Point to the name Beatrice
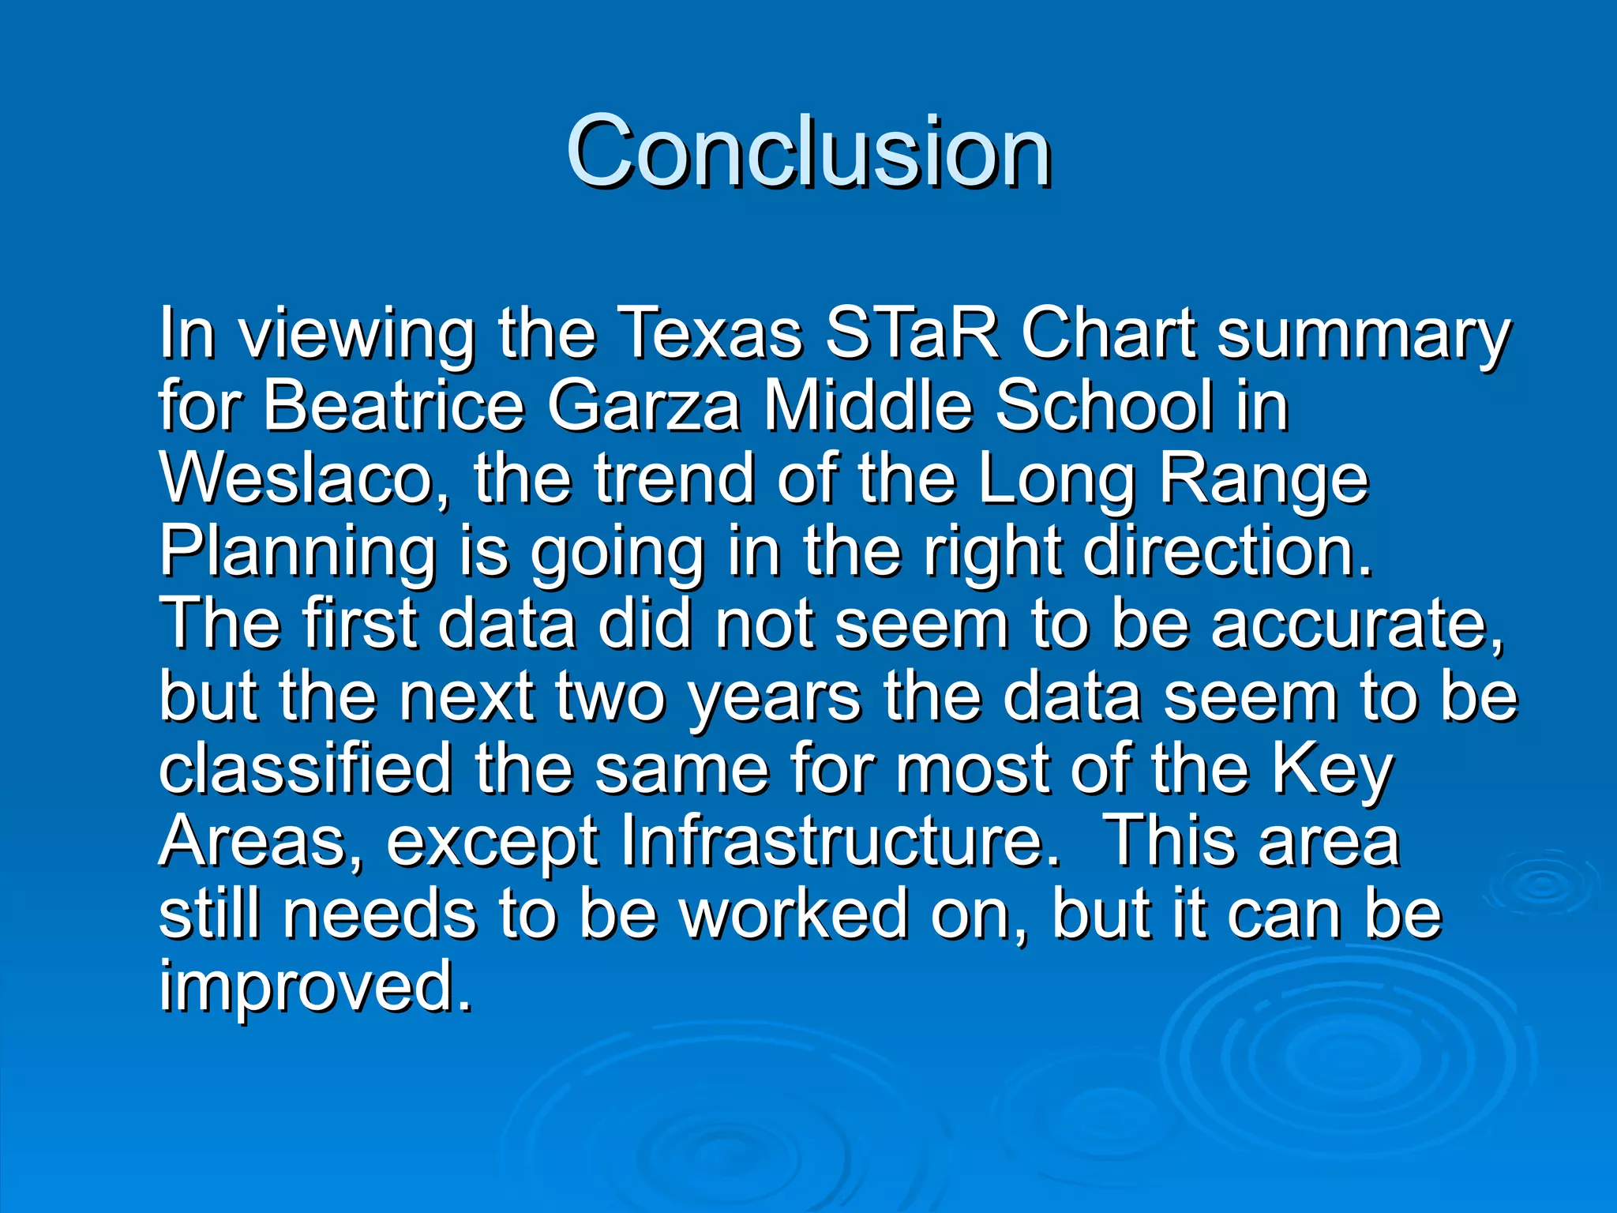393,406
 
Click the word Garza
644,406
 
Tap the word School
1103,406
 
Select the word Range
1263,479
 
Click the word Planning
298,551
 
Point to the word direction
1228,551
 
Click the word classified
306,769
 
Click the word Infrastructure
841,842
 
